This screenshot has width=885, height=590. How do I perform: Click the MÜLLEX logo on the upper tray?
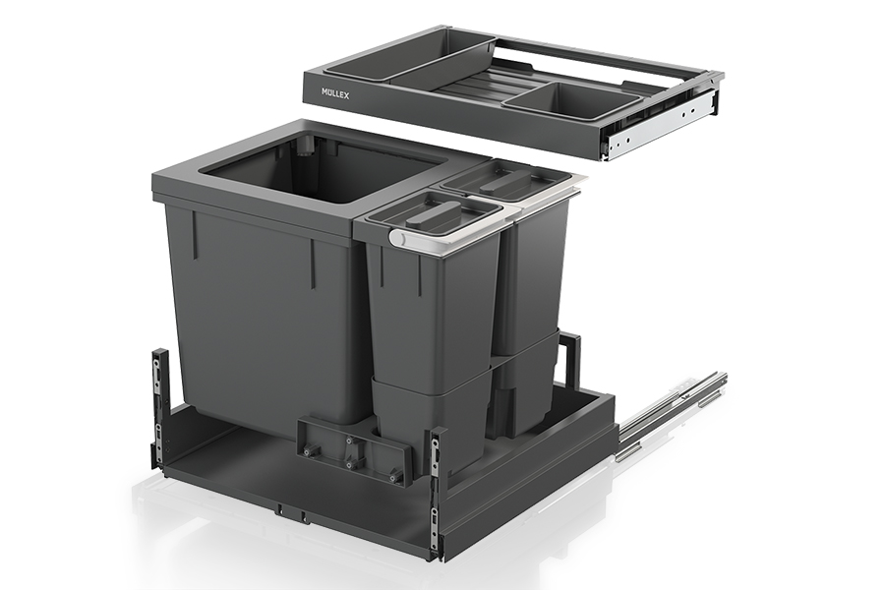click(x=335, y=93)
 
